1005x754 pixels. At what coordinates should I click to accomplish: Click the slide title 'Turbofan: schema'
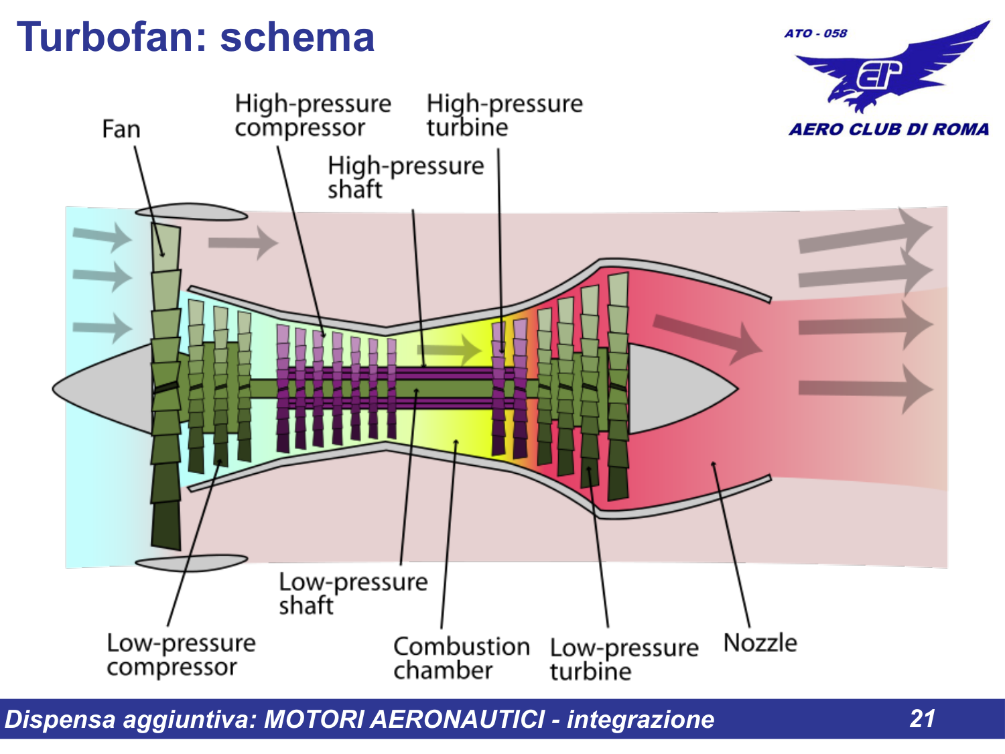point(195,37)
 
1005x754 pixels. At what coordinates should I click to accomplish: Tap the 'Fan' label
point(121,129)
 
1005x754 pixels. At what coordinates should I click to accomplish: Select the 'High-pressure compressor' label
point(312,115)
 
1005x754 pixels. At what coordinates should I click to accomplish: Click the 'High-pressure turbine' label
point(504,115)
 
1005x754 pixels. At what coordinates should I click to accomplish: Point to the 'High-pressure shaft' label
point(405,177)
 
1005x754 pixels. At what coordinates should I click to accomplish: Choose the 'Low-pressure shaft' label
point(352,593)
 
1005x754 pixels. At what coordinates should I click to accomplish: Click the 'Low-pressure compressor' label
point(181,655)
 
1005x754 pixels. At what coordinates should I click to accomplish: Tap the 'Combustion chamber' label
point(461,658)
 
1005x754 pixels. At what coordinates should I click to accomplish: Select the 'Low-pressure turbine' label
point(624,659)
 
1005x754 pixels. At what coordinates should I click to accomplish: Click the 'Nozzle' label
point(760,643)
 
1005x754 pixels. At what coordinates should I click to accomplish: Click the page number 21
point(923,718)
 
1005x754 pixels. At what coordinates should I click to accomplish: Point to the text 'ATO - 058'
point(815,34)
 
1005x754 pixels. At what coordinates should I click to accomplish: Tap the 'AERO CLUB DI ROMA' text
point(888,129)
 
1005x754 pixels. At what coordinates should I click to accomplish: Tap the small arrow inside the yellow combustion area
point(449,350)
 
